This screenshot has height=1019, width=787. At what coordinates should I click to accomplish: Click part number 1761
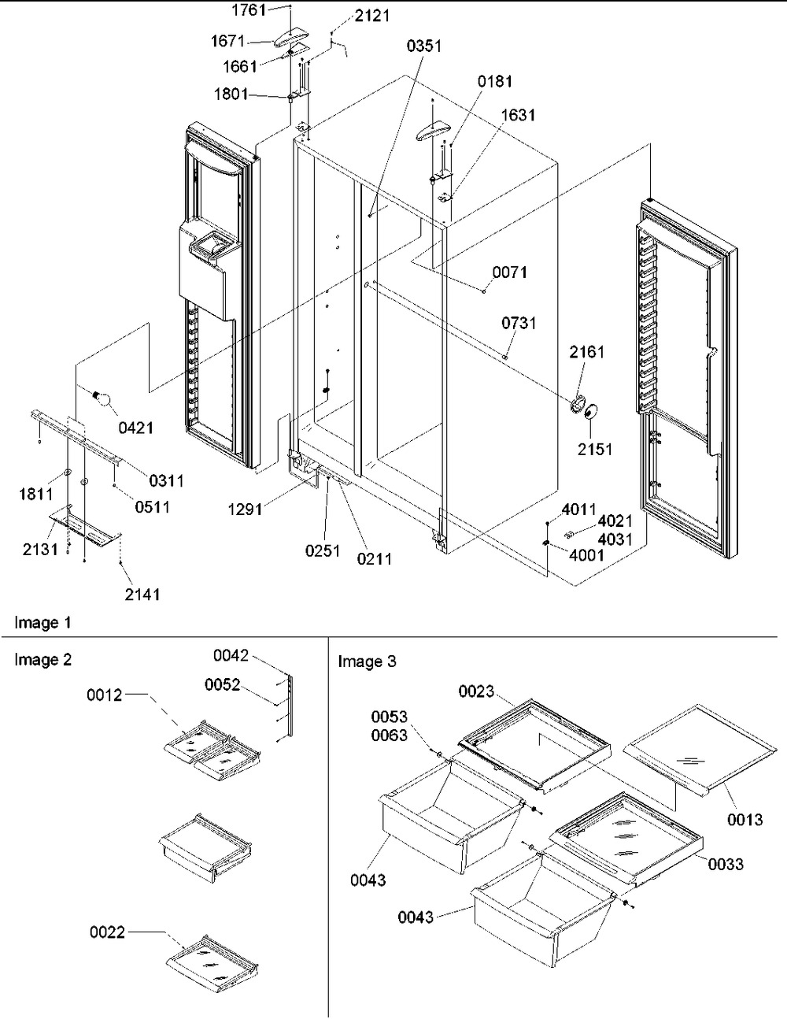tap(249, 10)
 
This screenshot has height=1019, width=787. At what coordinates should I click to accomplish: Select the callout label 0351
tap(424, 46)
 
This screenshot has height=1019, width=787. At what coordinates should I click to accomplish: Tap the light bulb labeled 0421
tap(102, 398)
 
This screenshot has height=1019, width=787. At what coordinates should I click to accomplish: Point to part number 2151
tap(594, 449)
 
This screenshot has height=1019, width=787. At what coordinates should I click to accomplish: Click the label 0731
tap(519, 323)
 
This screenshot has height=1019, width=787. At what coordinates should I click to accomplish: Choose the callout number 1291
tap(245, 509)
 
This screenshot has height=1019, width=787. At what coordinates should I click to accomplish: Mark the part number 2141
tap(142, 595)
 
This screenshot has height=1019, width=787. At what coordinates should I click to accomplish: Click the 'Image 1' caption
tap(42, 623)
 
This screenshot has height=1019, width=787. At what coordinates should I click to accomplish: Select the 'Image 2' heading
tap(43, 660)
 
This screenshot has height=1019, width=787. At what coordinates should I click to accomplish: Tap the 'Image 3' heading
tap(368, 661)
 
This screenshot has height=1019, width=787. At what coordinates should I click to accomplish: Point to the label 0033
tap(726, 864)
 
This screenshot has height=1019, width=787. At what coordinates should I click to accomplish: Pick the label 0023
tap(476, 691)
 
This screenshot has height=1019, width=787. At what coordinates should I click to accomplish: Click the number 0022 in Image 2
tap(108, 932)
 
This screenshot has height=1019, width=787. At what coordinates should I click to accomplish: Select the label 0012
tap(105, 695)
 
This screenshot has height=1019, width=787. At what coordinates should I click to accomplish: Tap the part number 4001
tap(586, 555)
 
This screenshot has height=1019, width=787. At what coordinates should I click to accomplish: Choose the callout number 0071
tap(510, 272)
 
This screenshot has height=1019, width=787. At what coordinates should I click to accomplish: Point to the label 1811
tap(36, 494)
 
